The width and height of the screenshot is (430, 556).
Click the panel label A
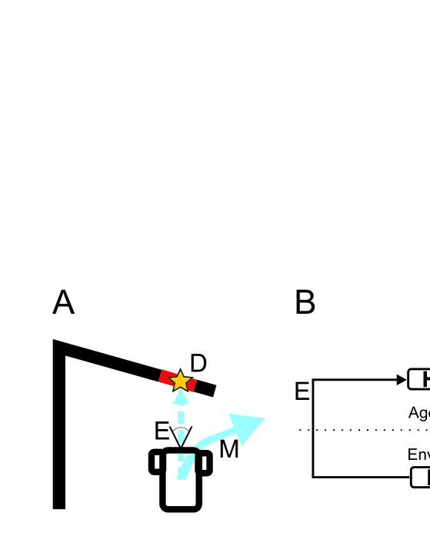pyautogui.click(x=63, y=303)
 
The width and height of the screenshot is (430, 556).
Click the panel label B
pyautogui.click(x=305, y=303)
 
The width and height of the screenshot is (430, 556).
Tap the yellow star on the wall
pyautogui.click(x=179, y=380)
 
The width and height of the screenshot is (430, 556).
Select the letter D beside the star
pyautogui.click(x=198, y=364)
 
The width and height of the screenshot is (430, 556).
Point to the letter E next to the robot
pyautogui.click(x=162, y=431)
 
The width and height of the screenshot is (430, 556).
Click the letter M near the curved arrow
pyautogui.click(x=228, y=448)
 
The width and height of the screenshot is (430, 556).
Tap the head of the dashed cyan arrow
pyautogui.click(x=180, y=398)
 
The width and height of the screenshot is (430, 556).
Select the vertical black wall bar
pyautogui.click(x=59, y=431)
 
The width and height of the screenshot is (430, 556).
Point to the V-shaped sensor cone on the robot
pyautogui.click(x=180, y=435)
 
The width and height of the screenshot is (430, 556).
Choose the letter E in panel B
pyautogui.click(x=302, y=391)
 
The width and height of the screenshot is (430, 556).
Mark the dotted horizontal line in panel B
pyautogui.click(x=362, y=430)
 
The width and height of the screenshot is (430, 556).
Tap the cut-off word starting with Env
pyautogui.click(x=418, y=454)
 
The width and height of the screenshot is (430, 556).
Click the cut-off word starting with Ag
pyautogui.click(x=418, y=413)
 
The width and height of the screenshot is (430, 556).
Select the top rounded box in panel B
pyautogui.click(x=420, y=379)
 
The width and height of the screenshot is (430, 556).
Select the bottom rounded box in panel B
pyautogui.click(x=421, y=477)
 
